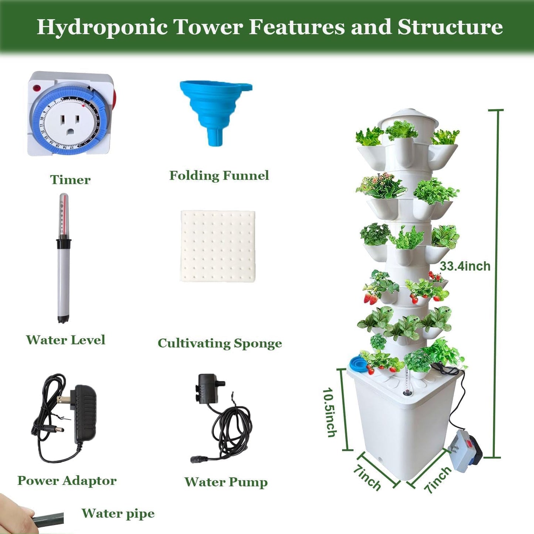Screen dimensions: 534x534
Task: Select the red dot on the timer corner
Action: pos(37,88)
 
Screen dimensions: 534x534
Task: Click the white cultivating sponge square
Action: pos(218,246)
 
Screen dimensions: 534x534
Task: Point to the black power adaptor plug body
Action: pos(85,414)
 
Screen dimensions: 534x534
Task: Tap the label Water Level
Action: pos(66,340)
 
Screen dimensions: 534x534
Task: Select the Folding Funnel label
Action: pos(219,176)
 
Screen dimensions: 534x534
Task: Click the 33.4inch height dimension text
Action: pos(465,266)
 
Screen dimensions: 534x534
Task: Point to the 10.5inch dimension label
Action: pos(330,412)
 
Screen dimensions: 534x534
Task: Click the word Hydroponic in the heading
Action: pos(102,27)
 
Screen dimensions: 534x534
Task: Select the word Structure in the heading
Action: pos(450,27)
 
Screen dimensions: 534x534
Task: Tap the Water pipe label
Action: pos(118,513)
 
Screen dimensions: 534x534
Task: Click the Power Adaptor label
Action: pos(67,480)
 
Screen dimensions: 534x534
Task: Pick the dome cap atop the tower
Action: pos(408,118)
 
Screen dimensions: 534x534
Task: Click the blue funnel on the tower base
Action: pos(358,363)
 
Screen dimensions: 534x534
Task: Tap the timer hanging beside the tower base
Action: pos(465,450)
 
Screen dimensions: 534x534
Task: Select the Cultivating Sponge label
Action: pos(220,343)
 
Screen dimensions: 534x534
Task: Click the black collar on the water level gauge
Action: pos(64,244)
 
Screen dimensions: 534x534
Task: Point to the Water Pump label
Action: pos(226,482)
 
